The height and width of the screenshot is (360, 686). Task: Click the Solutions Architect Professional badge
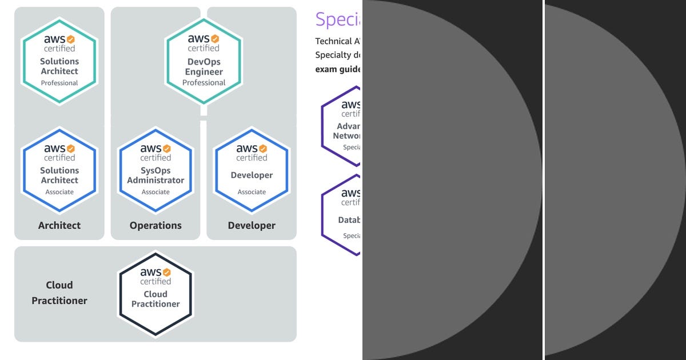(x=59, y=61)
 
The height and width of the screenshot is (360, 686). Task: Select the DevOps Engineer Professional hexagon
(x=204, y=61)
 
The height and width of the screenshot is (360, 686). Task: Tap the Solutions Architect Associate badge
(x=59, y=170)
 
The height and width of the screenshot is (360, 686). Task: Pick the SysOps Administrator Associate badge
(x=155, y=170)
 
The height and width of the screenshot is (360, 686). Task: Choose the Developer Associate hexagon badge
(x=252, y=170)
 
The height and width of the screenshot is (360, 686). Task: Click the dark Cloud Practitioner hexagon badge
(x=155, y=294)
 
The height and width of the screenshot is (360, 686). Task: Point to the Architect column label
(x=59, y=225)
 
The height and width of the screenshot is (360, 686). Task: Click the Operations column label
(x=155, y=225)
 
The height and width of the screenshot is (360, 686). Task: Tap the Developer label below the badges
(x=252, y=225)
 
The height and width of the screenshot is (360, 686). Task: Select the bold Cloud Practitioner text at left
(x=59, y=293)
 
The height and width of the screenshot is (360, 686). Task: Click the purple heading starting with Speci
(x=338, y=19)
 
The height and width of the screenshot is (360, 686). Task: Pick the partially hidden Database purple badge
(x=343, y=214)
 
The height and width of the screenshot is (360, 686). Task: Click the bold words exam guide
(x=338, y=69)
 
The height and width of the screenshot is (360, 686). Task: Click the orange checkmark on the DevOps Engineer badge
(x=215, y=39)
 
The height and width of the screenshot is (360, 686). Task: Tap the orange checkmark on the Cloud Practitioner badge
(x=167, y=272)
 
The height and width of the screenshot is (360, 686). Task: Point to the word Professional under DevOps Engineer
(x=204, y=82)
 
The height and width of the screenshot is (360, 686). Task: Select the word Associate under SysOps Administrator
(x=155, y=192)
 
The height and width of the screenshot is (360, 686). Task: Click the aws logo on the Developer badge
(x=247, y=149)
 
